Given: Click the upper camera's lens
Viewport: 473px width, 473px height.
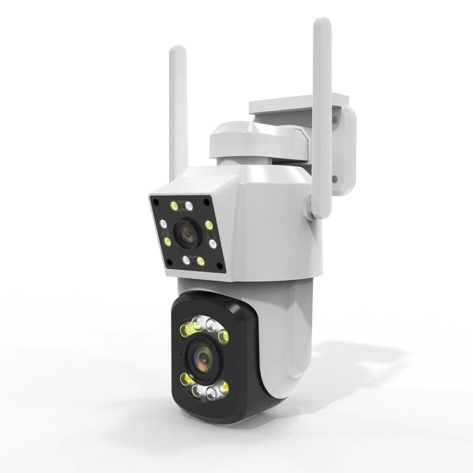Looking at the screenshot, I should coord(187,233).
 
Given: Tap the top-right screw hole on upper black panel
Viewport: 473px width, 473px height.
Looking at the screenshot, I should coord(208,202).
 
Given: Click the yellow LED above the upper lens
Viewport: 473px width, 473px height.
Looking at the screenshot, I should coord(174,206).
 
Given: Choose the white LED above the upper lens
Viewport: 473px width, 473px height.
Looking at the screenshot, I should coord(189,206).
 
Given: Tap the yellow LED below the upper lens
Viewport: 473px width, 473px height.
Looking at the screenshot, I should coord(200,261).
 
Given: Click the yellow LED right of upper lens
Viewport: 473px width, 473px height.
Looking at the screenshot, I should coord(209,225).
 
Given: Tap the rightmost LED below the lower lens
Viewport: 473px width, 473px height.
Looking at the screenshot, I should coord(225,388).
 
